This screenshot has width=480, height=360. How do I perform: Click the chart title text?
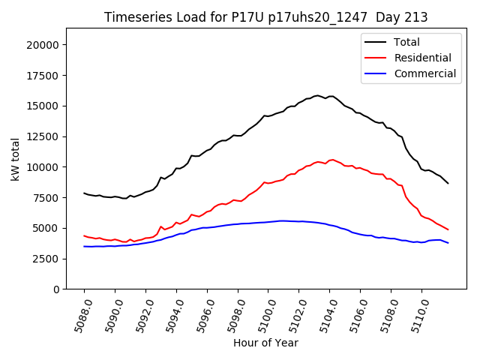click(265, 17)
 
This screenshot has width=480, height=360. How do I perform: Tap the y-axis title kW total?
click(15, 159)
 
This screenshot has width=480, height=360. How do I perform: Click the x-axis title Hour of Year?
click(265, 343)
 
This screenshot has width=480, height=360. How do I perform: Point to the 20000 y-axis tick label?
click(43, 45)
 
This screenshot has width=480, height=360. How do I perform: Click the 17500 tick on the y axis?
click(43, 75)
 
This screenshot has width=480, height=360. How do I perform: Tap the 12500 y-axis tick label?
click(43, 136)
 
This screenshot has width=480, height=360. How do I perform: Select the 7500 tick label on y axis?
click(46, 197)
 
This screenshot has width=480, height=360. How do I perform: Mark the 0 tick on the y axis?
click(56, 289)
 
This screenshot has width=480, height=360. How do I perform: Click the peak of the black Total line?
click(317, 95)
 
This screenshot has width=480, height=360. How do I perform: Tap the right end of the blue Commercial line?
click(448, 243)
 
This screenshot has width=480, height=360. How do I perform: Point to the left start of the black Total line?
click(84, 193)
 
